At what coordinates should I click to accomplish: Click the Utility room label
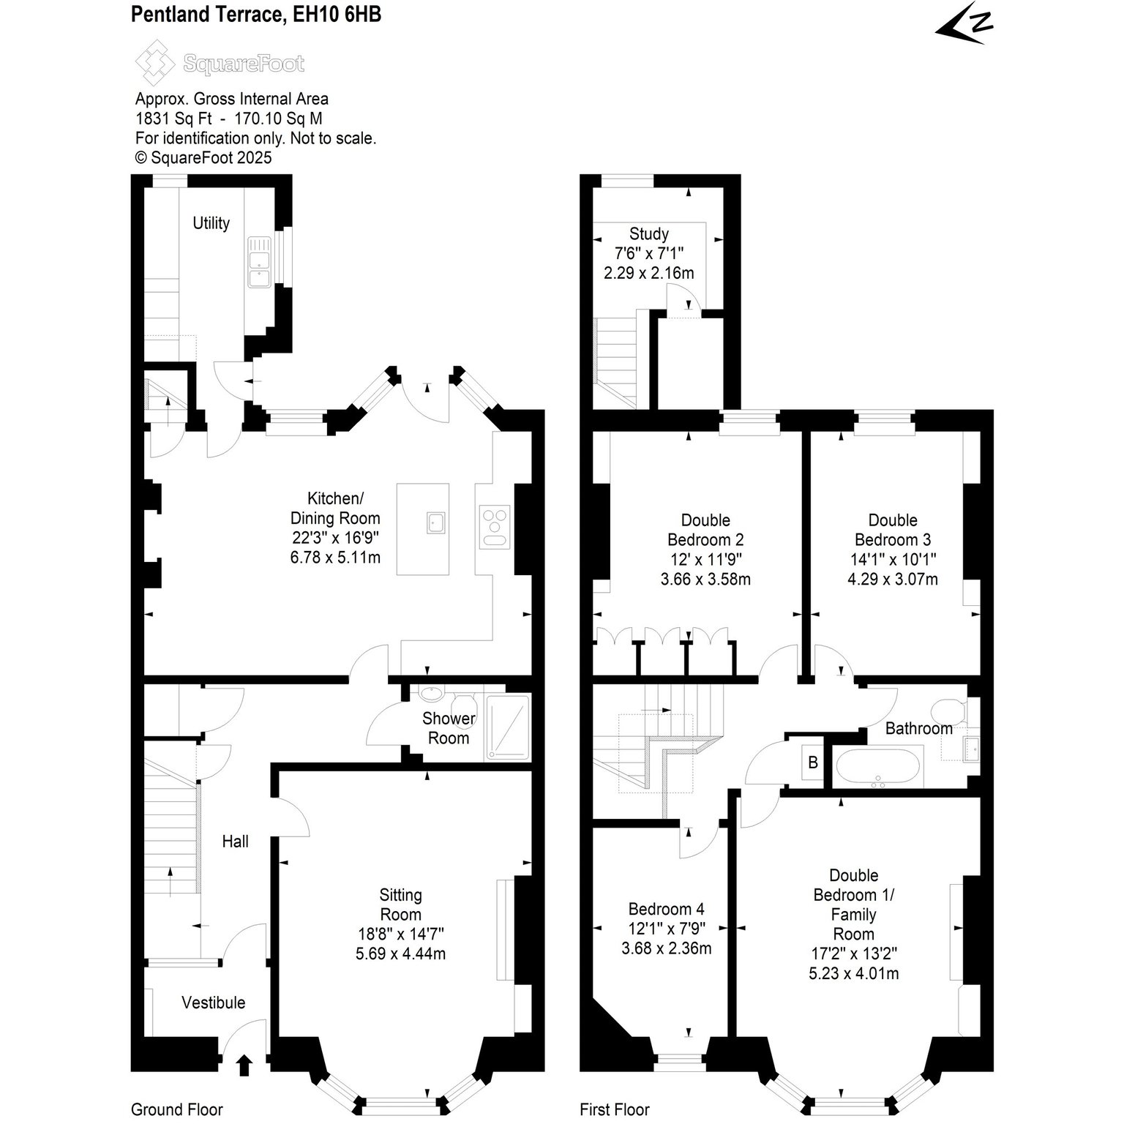(211, 223)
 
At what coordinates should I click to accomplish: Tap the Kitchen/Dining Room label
(335, 509)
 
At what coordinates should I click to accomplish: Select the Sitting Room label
(400, 904)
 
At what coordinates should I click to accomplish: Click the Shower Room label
(449, 728)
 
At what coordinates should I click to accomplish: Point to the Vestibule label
(214, 1003)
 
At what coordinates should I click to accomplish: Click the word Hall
(236, 842)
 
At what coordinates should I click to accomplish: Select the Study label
(649, 233)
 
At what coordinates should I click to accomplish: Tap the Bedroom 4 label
(667, 909)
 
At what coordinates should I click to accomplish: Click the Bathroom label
(919, 728)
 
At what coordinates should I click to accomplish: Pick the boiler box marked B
(813, 763)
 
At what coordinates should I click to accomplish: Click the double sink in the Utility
(259, 261)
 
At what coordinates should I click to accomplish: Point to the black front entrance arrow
(244, 1065)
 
